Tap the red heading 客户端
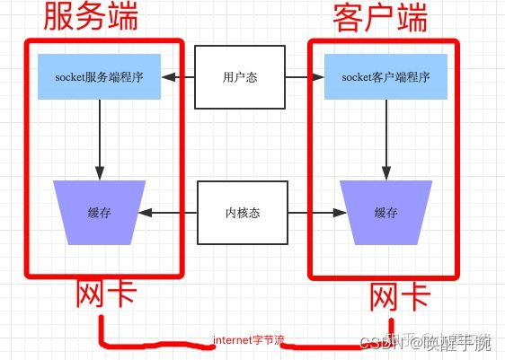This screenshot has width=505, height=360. (x=381, y=18)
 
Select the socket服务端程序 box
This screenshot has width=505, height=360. (x=100, y=77)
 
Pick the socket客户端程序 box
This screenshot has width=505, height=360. (x=386, y=77)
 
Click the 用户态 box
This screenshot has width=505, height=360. (x=240, y=77)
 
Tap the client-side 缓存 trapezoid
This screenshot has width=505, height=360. (x=385, y=213)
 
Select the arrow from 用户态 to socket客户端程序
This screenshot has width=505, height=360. (x=302, y=77)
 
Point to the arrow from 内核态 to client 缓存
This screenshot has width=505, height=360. (x=315, y=213)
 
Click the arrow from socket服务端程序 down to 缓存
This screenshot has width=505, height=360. (x=100, y=139)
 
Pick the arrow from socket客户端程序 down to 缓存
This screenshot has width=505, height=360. (x=386, y=139)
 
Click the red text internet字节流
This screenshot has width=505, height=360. (x=248, y=341)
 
